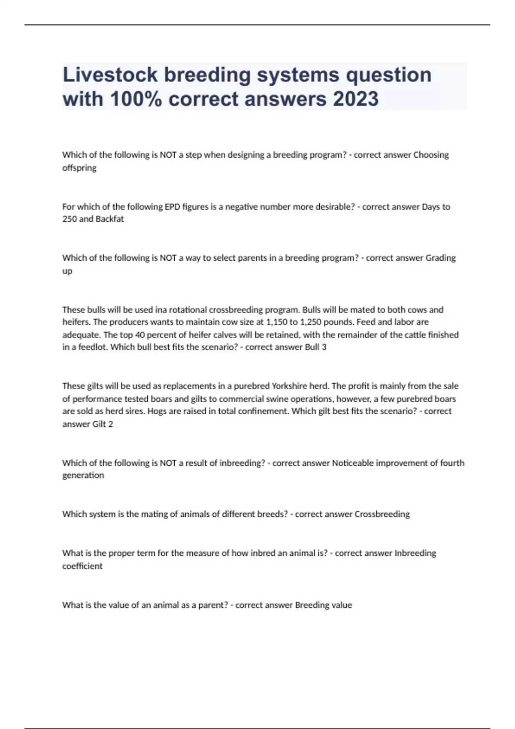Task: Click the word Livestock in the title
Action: coord(110,75)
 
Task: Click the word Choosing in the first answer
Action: coord(431,155)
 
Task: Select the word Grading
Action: coord(440,258)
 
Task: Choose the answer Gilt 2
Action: coord(103,424)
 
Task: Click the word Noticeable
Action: coord(353,463)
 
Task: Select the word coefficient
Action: coord(82,566)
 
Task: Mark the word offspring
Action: coord(79,168)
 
